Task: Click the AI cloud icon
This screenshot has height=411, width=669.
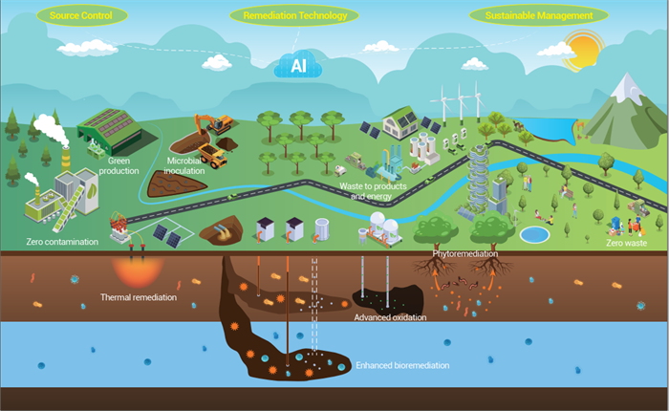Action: click(298, 64)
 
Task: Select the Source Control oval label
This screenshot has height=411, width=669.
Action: click(82, 16)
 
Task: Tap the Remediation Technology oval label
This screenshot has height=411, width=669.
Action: click(294, 16)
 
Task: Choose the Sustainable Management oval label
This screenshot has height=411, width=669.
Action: click(539, 16)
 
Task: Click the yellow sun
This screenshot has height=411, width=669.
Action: click(582, 50)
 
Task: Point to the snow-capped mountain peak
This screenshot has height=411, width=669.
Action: click(627, 88)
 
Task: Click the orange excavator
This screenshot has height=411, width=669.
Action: click(215, 123)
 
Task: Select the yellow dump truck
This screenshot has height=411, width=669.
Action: click(212, 156)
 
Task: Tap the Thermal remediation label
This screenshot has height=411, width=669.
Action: click(139, 297)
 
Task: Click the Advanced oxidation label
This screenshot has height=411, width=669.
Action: click(390, 317)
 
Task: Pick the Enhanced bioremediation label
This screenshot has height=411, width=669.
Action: click(402, 365)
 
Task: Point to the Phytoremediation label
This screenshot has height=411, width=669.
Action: click(465, 254)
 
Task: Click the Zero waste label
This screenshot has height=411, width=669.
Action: click(626, 243)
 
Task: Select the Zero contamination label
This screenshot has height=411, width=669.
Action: click(62, 242)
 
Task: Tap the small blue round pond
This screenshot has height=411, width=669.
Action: click(534, 235)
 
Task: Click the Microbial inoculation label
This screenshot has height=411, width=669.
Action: click(183, 165)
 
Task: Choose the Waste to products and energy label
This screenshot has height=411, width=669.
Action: click(373, 191)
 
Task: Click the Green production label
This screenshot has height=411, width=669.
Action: click(119, 165)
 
